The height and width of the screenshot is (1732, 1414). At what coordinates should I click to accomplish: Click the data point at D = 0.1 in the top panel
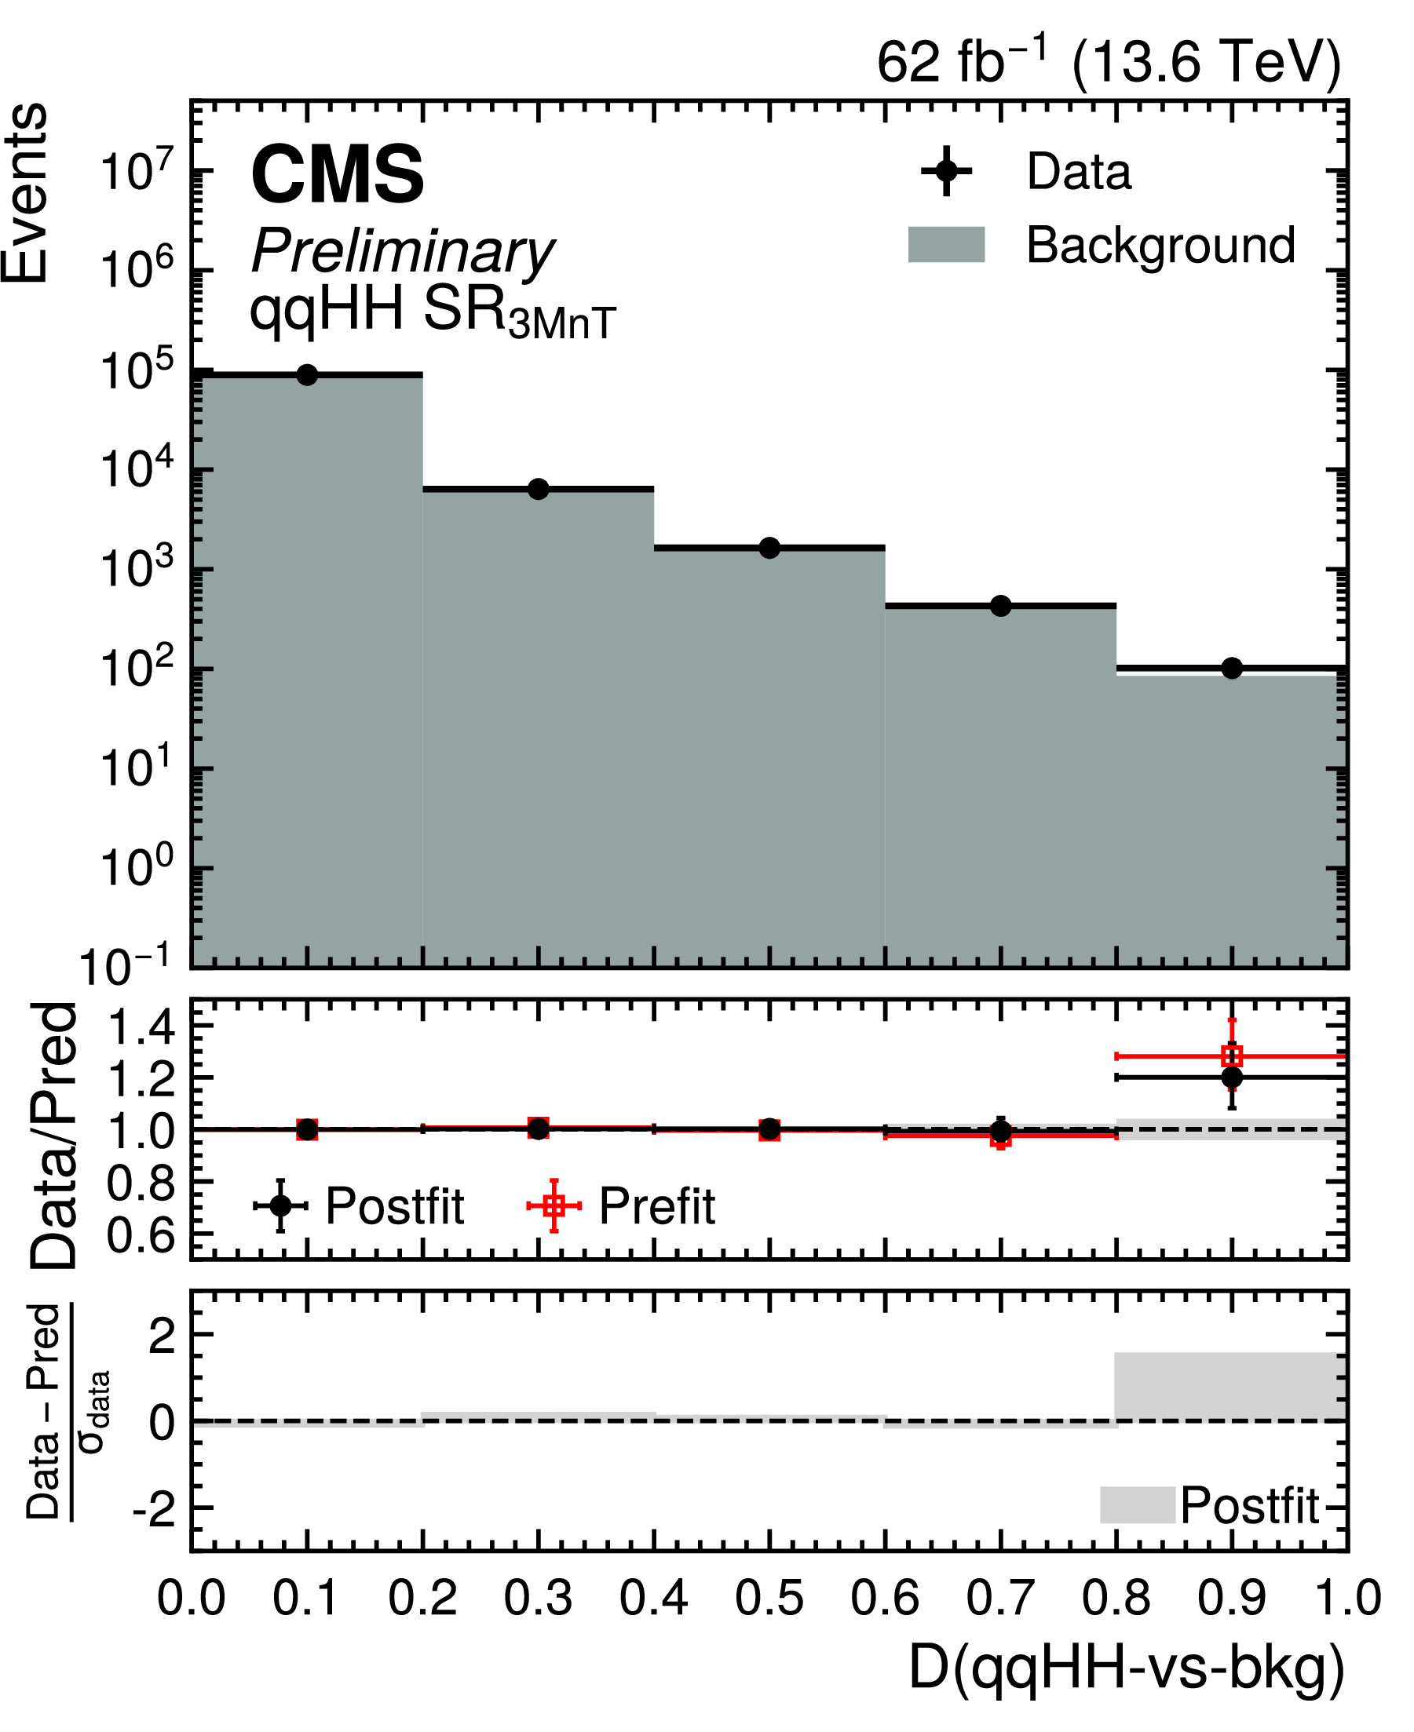pos(307,374)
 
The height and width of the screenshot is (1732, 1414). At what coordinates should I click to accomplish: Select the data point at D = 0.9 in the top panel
pos(1233,668)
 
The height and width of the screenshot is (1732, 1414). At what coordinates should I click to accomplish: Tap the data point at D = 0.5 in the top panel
pos(769,548)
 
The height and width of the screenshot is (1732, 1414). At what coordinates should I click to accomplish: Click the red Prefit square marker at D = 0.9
pos(1233,1056)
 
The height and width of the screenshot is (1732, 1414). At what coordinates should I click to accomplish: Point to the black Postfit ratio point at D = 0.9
pos(1233,1077)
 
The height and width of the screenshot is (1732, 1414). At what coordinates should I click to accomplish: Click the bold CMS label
pos(338,174)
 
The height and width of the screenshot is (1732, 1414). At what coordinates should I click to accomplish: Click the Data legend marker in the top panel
pos(945,171)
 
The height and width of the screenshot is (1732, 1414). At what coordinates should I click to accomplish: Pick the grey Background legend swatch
pos(947,244)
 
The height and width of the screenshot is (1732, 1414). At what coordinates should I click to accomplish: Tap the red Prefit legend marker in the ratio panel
pos(554,1205)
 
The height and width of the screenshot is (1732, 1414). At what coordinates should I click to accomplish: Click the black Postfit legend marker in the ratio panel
pos(280,1205)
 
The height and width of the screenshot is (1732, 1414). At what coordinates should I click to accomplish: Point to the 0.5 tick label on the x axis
pos(769,1599)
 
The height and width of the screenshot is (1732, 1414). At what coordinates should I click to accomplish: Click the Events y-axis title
pos(25,194)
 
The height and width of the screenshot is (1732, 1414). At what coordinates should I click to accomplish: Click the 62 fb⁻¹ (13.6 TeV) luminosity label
pos(1109,62)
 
